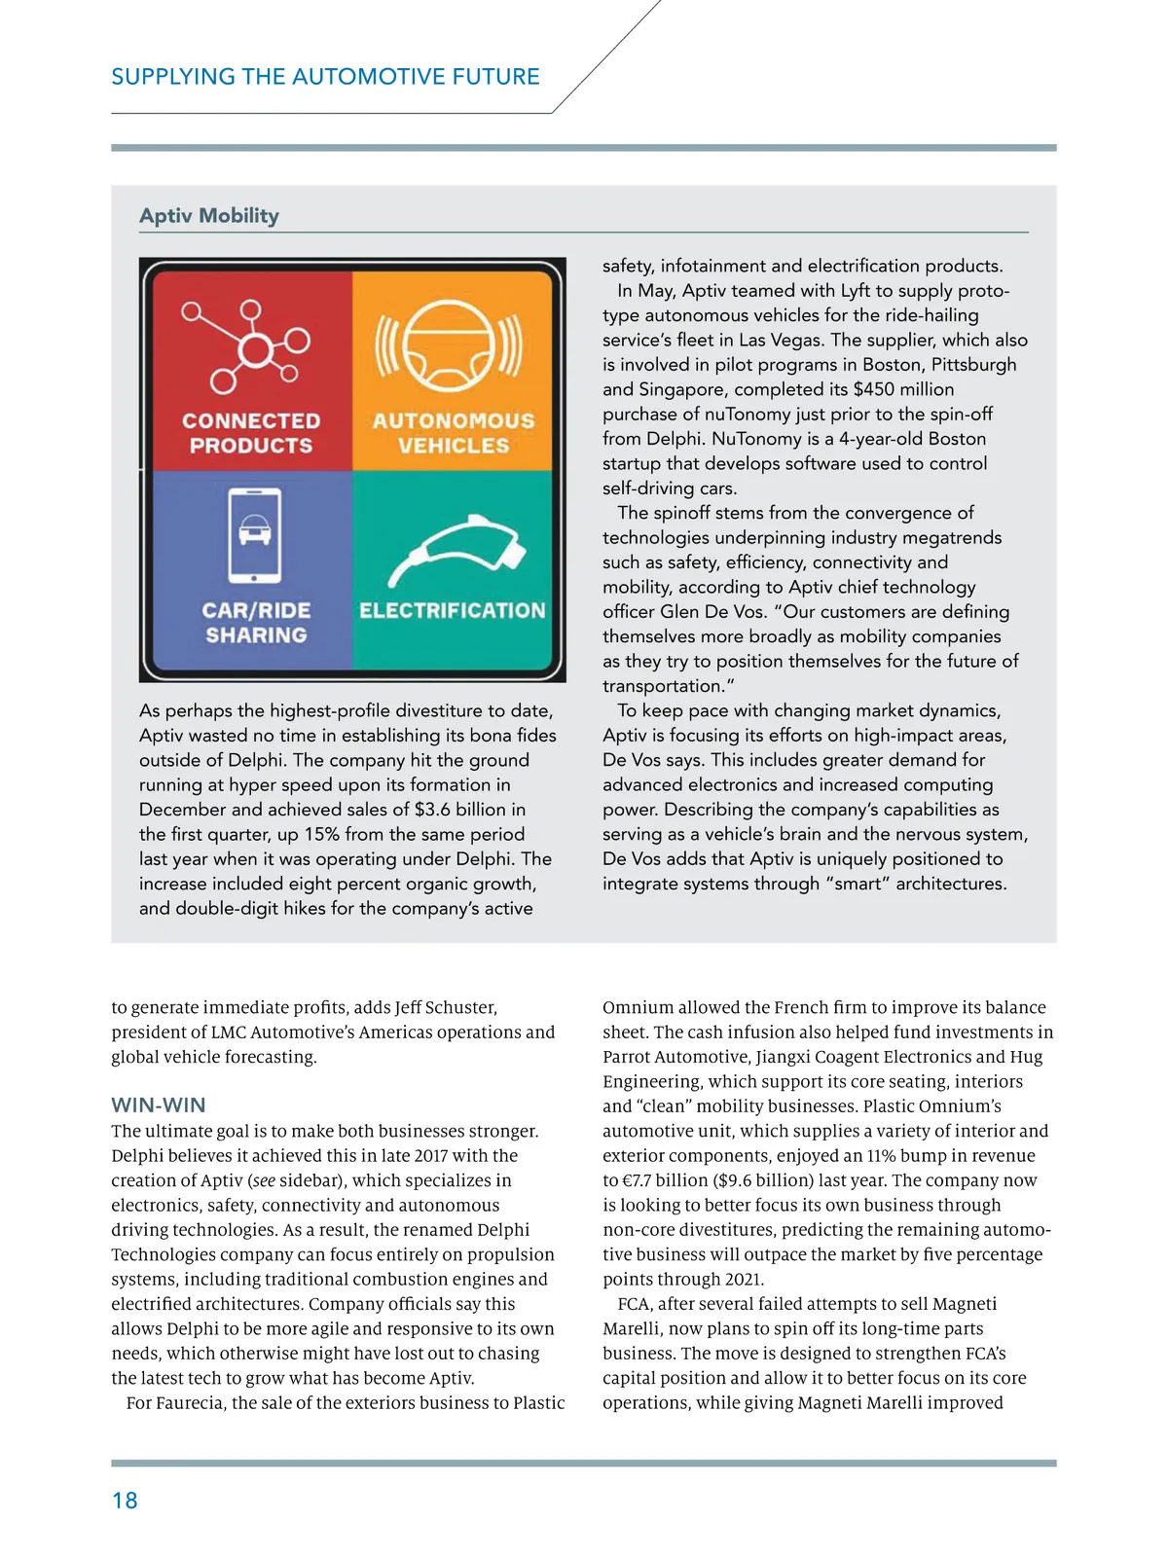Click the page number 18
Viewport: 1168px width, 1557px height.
coord(125,1501)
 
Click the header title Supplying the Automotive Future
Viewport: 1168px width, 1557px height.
coord(325,77)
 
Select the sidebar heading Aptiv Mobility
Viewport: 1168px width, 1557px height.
coord(209,216)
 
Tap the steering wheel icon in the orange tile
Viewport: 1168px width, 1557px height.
coord(450,347)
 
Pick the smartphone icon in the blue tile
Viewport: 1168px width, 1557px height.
coord(255,534)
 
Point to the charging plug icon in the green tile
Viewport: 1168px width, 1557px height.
coord(457,551)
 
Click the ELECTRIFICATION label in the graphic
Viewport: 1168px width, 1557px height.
coord(453,611)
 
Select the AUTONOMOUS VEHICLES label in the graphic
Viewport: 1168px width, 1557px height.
coord(454,434)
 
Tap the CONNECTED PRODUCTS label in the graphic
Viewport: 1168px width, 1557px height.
coord(251,434)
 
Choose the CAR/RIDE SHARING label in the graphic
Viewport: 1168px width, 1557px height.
coord(256,623)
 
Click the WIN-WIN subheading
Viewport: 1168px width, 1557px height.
coord(159,1105)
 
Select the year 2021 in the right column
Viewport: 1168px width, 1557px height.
coord(744,1280)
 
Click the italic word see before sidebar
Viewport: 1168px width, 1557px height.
coord(263,1180)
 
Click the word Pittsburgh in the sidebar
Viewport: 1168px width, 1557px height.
coord(973,365)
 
